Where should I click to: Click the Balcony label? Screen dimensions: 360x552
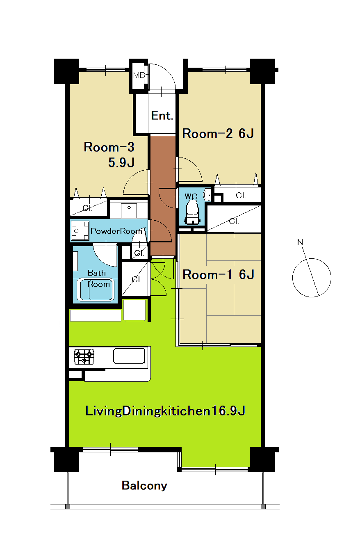144,486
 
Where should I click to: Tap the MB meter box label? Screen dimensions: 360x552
139,75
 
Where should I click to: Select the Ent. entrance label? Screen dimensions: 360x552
162,116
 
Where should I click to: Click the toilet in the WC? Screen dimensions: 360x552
192,212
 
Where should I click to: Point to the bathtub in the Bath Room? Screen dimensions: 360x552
96,289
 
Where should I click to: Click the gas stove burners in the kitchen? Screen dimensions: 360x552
84,356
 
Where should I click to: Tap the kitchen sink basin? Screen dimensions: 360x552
129,356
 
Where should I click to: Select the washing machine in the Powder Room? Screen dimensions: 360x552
80,230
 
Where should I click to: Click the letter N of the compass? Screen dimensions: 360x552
300,242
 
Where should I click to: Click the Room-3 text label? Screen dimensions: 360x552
109,147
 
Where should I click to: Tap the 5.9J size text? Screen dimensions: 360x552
121,163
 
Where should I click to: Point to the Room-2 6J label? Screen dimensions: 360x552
218,134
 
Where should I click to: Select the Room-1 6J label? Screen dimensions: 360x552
218,274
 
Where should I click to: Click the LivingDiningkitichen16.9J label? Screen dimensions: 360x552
165,411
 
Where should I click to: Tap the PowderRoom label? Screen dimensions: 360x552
116,231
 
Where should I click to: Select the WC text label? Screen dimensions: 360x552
191,196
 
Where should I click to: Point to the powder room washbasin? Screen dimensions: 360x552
129,210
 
